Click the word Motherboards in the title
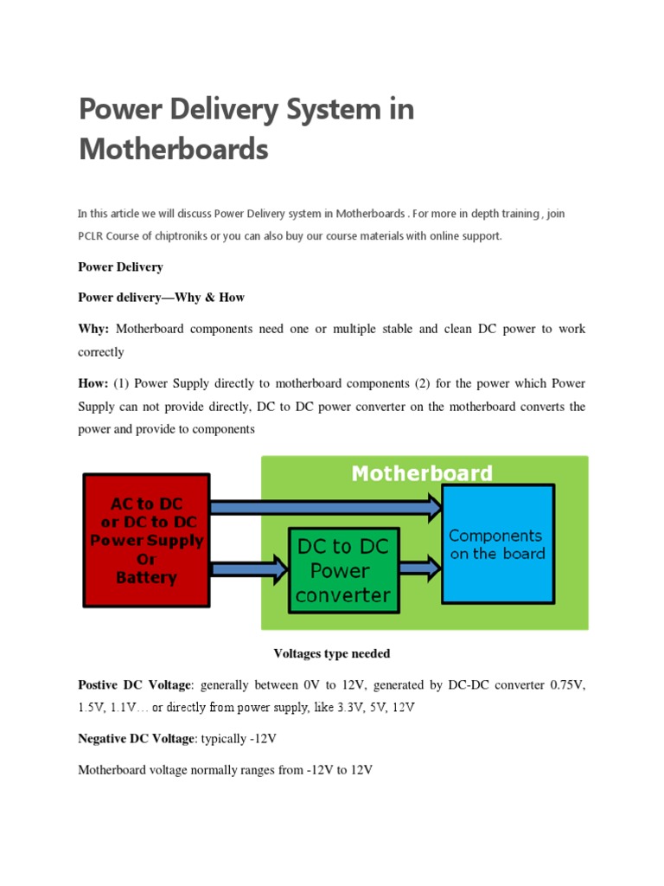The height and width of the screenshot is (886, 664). click(x=173, y=150)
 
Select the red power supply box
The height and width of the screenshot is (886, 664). click(x=145, y=539)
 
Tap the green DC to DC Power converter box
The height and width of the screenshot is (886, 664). click(x=343, y=571)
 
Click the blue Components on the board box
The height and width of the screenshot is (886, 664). click(x=497, y=544)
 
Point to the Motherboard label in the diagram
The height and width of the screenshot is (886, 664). click(x=422, y=474)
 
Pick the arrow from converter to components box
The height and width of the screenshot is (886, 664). click(x=420, y=568)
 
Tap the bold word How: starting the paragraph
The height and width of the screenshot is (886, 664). click(x=93, y=382)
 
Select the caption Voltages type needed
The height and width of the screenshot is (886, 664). click(x=332, y=653)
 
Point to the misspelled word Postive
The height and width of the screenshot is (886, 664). click(x=99, y=684)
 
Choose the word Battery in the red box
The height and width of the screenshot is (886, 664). click(x=145, y=578)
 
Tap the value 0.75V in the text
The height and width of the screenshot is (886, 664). click(x=567, y=684)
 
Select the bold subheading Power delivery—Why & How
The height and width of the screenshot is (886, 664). click(x=161, y=298)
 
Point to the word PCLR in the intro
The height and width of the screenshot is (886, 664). click(x=92, y=236)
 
